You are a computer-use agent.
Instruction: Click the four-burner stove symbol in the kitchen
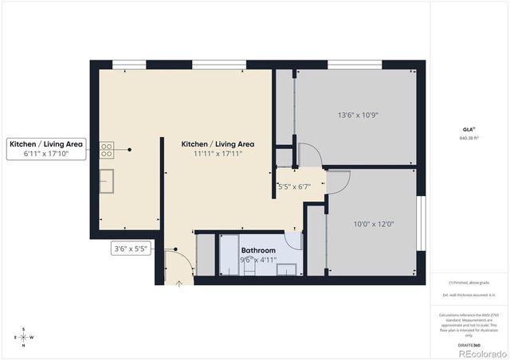tap(107, 148)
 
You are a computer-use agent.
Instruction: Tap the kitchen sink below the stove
tap(107, 178)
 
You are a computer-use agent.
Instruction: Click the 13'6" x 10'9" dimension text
tap(357, 115)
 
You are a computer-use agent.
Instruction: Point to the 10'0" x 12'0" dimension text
tap(373, 224)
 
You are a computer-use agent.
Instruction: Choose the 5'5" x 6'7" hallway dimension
tap(294, 186)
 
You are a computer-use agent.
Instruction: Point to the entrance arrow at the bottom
tap(179, 280)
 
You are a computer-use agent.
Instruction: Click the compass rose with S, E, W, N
tap(23, 337)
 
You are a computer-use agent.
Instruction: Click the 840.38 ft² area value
tap(470, 138)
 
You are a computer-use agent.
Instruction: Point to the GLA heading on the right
tap(469, 129)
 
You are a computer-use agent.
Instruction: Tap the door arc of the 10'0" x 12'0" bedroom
tap(338, 182)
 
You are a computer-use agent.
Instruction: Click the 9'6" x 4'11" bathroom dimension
tap(258, 259)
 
